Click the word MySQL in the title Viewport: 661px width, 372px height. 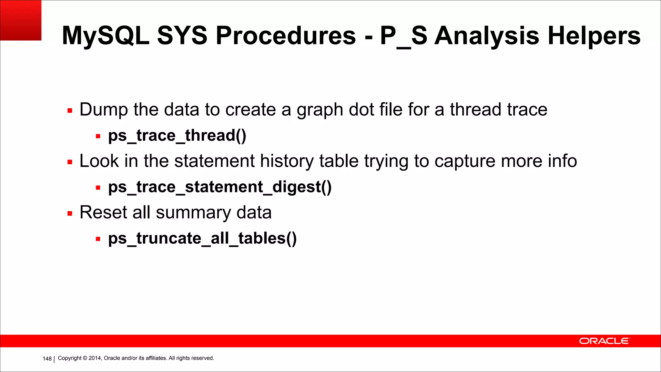(105, 36)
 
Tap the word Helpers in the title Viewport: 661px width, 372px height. (594, 36)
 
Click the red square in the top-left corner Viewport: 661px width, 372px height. (21, 20)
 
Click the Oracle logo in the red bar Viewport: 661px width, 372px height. (604, 341)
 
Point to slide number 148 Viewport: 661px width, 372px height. (47, 358)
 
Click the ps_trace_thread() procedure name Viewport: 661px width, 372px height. (177, 135)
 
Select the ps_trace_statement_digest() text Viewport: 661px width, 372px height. (220, 187)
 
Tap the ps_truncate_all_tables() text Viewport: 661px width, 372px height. (202, 238)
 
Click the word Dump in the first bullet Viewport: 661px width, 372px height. (104, 109)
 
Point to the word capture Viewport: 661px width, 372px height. (465, 161)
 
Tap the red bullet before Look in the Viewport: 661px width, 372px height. (70, 162)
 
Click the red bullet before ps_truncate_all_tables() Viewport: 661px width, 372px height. (98, 239)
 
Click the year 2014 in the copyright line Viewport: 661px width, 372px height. (95, 358)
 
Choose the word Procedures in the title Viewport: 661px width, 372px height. (286, 36)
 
